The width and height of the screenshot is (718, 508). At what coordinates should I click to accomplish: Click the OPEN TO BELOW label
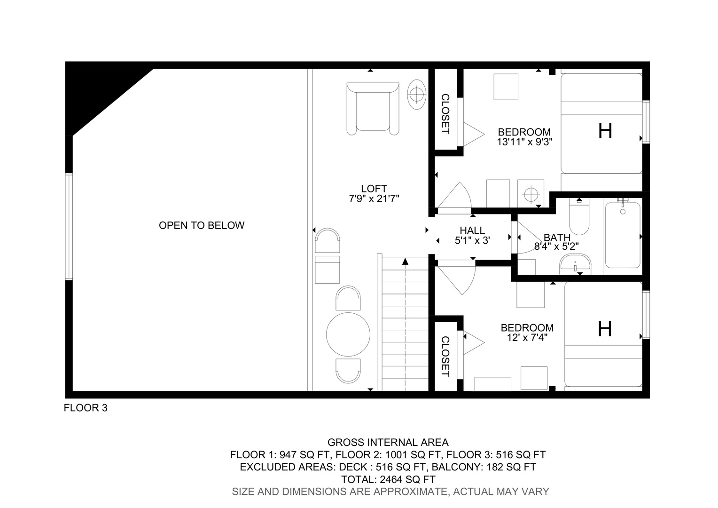click(202, 225)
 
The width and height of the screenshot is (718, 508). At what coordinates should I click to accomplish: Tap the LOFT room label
click(374, 188)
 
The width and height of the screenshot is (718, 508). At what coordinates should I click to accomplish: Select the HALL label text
click(472, 230)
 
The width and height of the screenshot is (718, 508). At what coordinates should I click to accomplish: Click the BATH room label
click(557, 238)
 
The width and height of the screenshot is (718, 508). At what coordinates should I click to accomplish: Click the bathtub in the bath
click(623, 235)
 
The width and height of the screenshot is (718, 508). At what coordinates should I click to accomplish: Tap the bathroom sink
click(575, 264)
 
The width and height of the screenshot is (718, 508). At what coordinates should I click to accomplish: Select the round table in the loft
click(348, 334)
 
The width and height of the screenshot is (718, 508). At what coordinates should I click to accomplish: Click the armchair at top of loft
click(373, 109)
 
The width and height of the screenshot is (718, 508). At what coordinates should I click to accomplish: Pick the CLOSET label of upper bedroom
click(445, 114)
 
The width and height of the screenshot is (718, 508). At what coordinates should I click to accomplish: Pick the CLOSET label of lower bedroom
click(445, 356)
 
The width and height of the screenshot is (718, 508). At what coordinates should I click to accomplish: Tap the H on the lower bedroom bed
click(605, 329)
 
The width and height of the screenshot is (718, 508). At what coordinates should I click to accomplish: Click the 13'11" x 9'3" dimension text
click(525, 142)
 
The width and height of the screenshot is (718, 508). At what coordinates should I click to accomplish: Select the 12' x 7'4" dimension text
click(527, 338)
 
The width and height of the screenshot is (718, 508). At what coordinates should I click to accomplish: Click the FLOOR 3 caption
click(86, 408)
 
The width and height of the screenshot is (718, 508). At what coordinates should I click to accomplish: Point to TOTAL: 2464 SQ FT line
click(388, 479)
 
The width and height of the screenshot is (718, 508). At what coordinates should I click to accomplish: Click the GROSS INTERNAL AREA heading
click(388, 443)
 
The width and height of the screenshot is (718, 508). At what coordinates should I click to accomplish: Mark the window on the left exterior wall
click(69, 227)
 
